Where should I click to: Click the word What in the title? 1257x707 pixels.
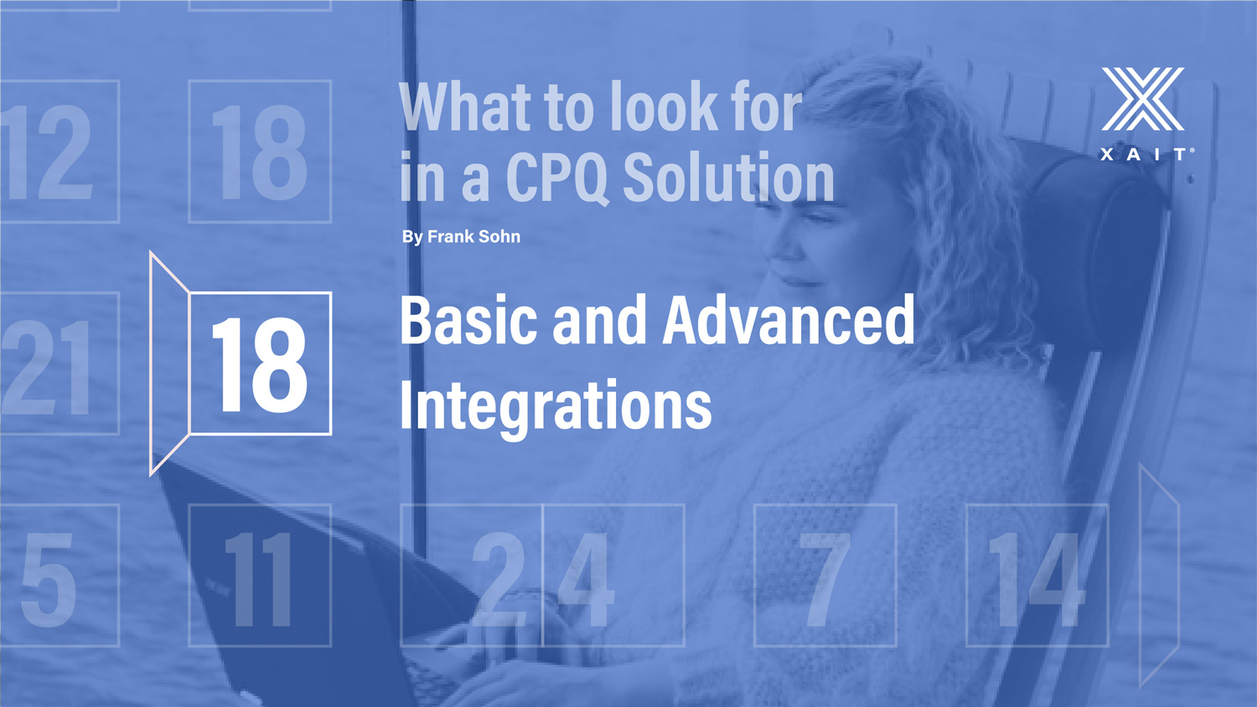click(465, 106)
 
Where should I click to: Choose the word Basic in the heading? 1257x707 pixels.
click(468, 320)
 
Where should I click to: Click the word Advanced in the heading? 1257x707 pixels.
click(789, 319)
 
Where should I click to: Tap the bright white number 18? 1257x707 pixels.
click(259, 364)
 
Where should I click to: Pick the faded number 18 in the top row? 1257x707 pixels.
click(259, 152)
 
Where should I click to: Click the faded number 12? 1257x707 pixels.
click(45, 152)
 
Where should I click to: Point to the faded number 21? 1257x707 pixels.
click(46, 368)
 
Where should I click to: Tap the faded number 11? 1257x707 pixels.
click(259, 580)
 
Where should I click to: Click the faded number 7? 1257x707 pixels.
click(824, 580)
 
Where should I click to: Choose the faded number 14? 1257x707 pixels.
click(1034, 580)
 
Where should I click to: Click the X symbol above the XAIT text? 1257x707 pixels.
click(1142, 99)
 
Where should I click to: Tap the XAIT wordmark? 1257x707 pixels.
click(1145, 154)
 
